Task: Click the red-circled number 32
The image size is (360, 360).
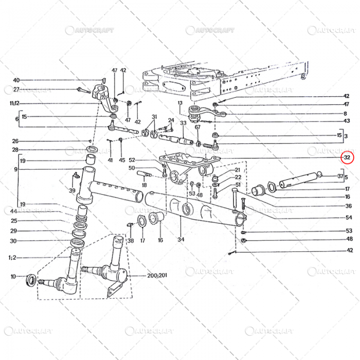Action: (x=348, y=157)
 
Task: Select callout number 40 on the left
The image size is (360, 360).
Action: (x=16, y=80)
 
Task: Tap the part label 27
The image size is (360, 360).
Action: (x=16, y=89)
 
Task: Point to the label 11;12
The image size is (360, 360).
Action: (x=14, y=103)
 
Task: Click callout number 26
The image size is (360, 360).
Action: (x=15, y=141)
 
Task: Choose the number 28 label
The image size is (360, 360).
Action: (x=15, y=150)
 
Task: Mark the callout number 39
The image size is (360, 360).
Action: (x=72, y=191)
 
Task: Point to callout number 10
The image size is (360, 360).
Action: (x=13, y=277)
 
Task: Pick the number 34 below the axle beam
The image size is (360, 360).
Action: (x=181, y=240)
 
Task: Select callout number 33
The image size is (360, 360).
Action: (x=183, y=123)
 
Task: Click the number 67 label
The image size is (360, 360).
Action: (x=197, y=128)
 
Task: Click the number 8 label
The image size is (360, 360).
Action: (x=346, y=113)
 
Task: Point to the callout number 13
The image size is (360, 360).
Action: (x=181, y=103)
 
